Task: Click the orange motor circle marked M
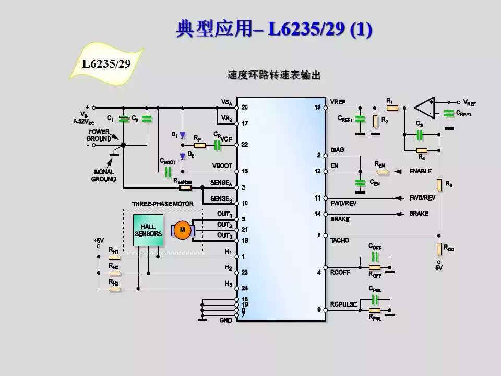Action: coord(182,229)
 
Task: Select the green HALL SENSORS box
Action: coord(148,230)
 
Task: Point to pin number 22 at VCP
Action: coord(244,145)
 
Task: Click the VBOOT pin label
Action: coord(222,166)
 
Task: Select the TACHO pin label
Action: coord(340,240)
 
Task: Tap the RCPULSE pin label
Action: coord(343,304)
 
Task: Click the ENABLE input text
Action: coord(420,171)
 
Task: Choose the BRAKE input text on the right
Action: coord(419,214)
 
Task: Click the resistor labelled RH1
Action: coord(114,257)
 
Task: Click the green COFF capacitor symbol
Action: coord(375,256)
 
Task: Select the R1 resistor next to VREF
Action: coord(392,108)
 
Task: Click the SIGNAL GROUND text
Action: coord(103,175)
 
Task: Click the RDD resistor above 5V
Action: coord(439,249)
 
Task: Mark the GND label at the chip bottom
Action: coord(225,320)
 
